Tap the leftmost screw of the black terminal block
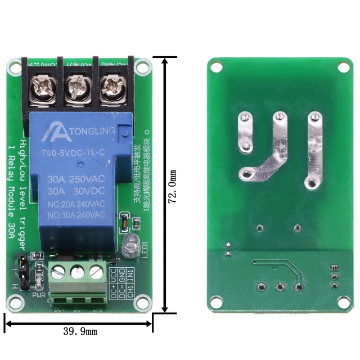[x=42, y=88]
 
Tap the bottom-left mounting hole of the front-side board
[x=16, y=303]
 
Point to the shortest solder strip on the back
[x=245, y=132]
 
